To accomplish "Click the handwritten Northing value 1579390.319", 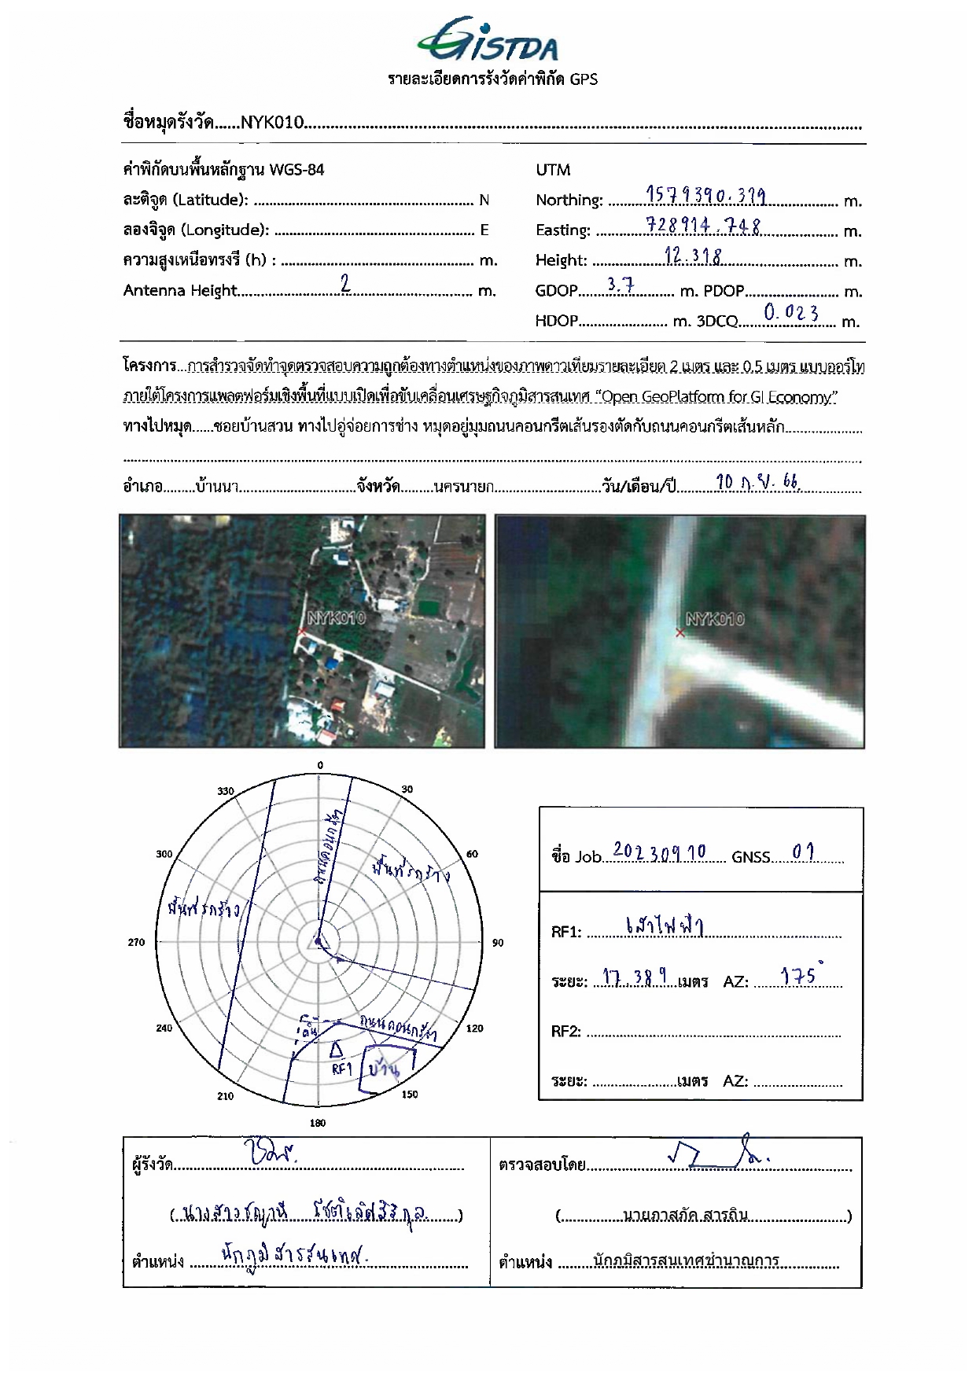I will coord(705,196).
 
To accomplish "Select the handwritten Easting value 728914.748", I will coord(703,226).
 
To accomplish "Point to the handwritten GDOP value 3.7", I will coord(621,285).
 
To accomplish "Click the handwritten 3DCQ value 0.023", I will coord(790,313).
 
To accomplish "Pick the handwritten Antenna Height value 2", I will coord(344,283).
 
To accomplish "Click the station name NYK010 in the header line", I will coord(272,122).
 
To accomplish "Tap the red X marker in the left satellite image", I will coord(302,631).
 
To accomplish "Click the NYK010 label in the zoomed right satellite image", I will coord(715,620).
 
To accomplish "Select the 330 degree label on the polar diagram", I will coord(226,791).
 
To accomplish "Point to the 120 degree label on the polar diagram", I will coord(475,1029).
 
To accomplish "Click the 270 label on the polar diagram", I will coord(136,942).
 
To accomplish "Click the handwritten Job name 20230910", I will coord(659,852).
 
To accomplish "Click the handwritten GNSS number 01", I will coord(803,852).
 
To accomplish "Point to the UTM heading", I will coord(553,170).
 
